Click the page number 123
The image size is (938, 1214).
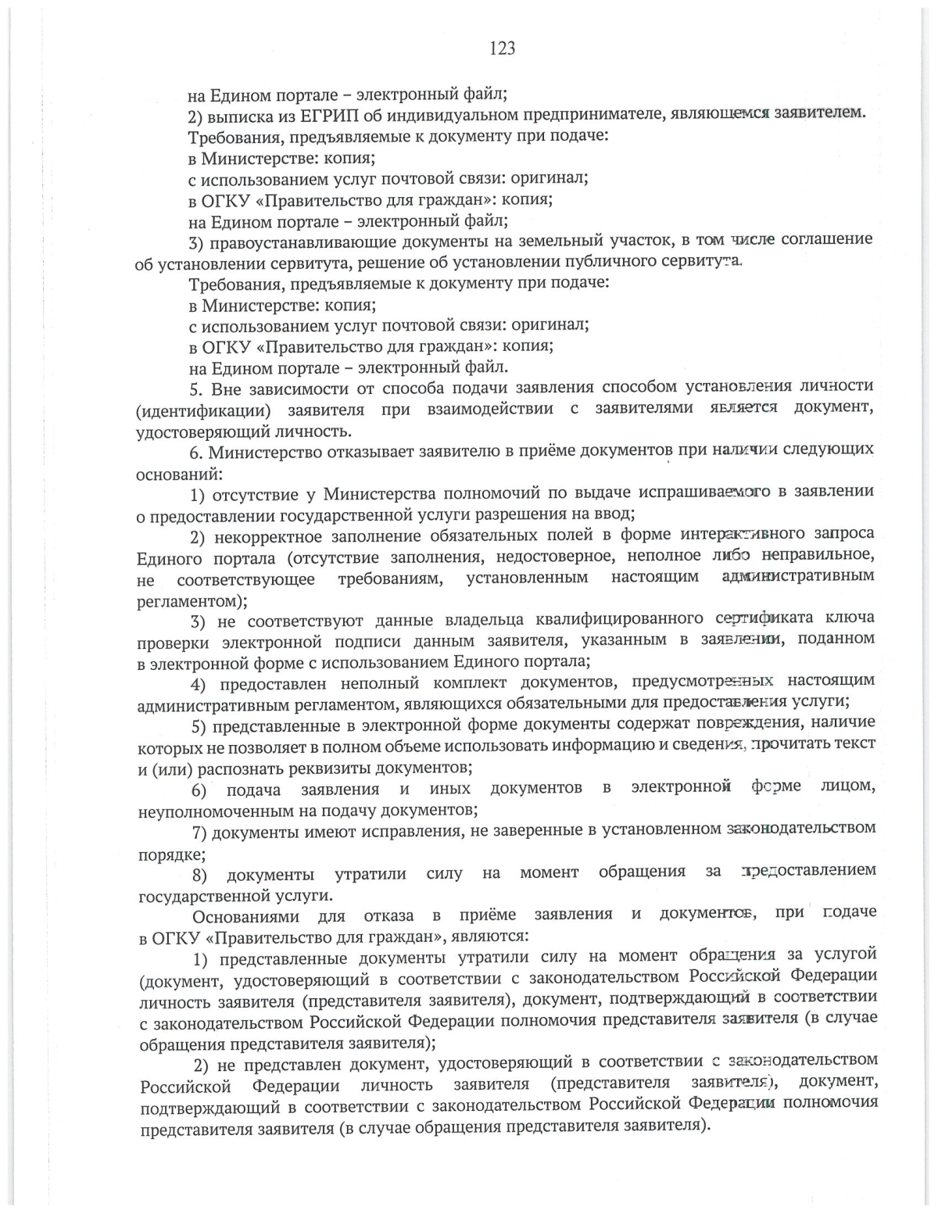(x=502, y=48)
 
